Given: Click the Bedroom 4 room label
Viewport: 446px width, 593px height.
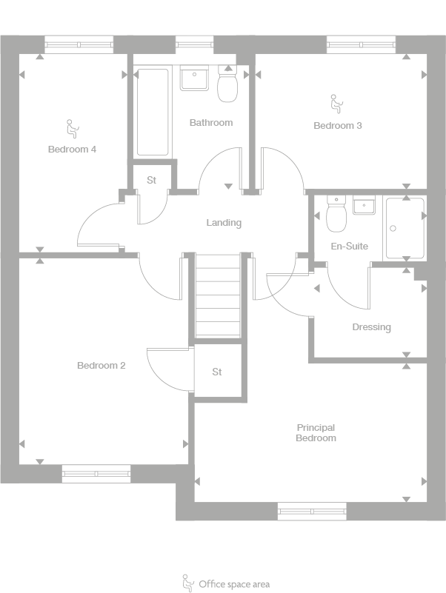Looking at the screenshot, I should (x=73, y=150).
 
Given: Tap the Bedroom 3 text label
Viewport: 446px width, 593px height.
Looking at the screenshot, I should (x=337, y=126).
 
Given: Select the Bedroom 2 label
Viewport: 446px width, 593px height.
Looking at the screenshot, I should (x=101, y=366).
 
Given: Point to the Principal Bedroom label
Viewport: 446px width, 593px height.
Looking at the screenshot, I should (x=316, y=433).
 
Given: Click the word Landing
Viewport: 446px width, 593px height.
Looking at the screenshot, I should (x=223, y=223).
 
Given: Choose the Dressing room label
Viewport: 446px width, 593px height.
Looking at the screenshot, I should (x=371, y=327).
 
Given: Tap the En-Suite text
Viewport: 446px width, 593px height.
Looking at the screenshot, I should (x=349, y=247).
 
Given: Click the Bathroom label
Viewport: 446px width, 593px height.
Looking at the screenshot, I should (x=210, y=123).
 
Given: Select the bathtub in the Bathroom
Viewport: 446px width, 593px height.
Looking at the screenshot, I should (x=153, y=112).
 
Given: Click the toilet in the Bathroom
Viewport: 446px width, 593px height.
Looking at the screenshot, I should (x=227, y=86).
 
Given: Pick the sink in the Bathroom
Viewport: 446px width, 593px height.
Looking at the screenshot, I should (x=196, y=78).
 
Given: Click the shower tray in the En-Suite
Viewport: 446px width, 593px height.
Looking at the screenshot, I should (x=404, y=228).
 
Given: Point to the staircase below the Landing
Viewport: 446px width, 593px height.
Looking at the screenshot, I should (x=219, y=295).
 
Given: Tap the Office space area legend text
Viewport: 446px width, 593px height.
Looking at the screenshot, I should (x=233, y=584).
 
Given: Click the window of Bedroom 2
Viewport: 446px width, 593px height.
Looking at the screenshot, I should (x=96, y=474).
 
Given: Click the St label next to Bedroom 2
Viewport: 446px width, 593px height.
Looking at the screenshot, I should (x=217, y=372).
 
